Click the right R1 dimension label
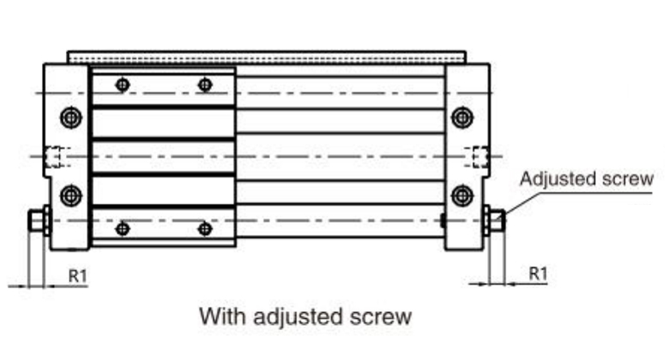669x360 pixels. coord(538,273)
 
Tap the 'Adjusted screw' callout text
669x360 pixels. coord(587,179)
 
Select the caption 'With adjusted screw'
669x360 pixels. coord(305,315)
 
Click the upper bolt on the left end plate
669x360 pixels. coord(70,117)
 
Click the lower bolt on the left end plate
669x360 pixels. coord(70,194)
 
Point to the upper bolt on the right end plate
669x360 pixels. coord(462,117)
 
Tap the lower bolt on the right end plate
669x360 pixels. coord(462,194)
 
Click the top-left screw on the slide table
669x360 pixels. coord(123,84)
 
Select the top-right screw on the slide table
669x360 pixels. coord(204,84)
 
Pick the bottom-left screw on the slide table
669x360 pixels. coord(123,229)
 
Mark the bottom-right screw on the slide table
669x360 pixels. coord(204,229)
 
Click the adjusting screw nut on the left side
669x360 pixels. coord(37,221)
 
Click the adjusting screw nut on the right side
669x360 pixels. coord(494,221)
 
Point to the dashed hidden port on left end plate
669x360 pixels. coord(55,156)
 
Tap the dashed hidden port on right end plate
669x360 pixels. coord(477,156)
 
